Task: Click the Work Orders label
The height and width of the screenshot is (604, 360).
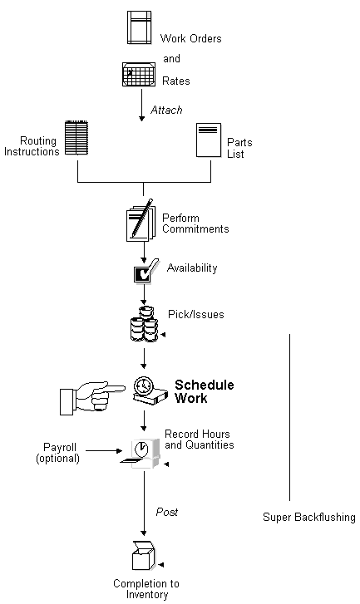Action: (190, 39)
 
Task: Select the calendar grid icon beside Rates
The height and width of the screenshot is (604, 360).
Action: (139, 74)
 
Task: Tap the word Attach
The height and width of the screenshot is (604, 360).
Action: (166, 110)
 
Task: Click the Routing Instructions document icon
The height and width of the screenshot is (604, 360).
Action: (76, 138)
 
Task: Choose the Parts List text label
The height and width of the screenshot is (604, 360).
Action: (240, 148)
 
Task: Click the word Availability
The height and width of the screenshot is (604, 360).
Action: (192, 268)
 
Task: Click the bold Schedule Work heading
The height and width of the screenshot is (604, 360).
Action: (204, 391)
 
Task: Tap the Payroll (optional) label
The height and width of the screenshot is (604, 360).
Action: (57, 452)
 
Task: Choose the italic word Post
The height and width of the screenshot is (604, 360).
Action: (166, 513)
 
